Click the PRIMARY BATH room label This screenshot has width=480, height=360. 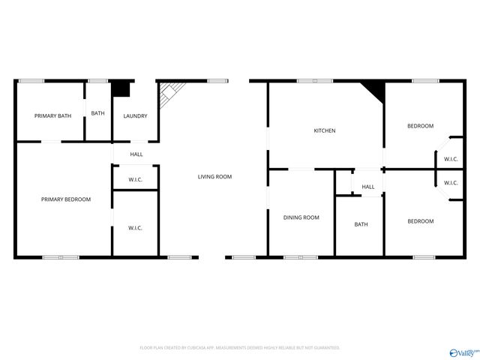[52, 115]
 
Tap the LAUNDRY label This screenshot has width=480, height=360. [136, 115]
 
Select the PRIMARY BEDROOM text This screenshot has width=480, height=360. [66, 199]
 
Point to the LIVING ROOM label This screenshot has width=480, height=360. [214, 176]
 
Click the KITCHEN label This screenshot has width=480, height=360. [325, 130]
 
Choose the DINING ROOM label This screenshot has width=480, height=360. [301, 217]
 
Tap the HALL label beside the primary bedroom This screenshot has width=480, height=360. [136, 154]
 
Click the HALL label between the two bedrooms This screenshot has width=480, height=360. [368, 187]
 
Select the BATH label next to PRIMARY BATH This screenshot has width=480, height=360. [98, 113]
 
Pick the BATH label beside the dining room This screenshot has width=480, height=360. [361, 224]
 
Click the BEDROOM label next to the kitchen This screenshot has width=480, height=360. [420, 126]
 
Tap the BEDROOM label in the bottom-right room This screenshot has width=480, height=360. [420, 220]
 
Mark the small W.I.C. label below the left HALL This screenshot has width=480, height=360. [136, 179]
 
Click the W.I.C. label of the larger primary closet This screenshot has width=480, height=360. [136, 227]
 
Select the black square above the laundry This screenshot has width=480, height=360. [121, 88]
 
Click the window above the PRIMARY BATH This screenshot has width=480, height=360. [31, 81]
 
